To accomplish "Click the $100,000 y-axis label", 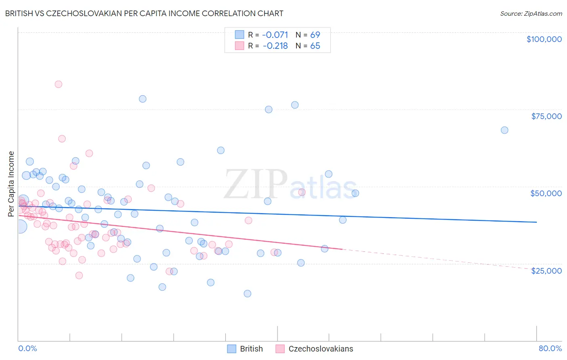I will pos(544,39).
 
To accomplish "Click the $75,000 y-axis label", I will pos(546,116).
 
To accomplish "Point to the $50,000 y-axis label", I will pos(546,193).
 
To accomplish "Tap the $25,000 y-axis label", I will pos(546,270).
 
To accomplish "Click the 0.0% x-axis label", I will pos(27,348).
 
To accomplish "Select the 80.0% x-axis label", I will pos(550,348).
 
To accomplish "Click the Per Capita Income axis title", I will pos(11,184).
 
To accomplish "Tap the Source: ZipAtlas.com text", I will pos(531,13).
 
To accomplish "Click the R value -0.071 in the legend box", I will pos(275,35).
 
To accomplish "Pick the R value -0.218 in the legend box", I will pos(275,46).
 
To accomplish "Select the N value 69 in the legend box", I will pos(315,35).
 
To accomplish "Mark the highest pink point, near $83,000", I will pos(58,84).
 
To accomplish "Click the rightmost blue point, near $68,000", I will pos(504,130).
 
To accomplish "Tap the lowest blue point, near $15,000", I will pos(248,293).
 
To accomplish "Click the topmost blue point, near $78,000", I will pos(142,99).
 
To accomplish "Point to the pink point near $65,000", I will pos(62,138).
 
